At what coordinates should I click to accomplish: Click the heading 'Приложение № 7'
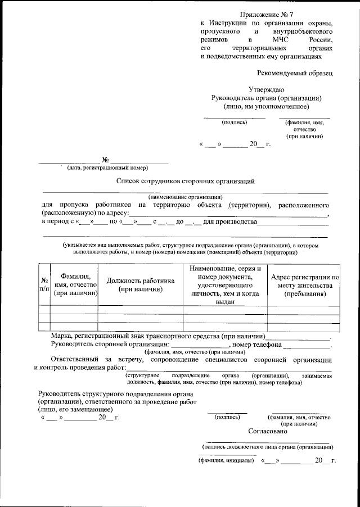tap(266, 13)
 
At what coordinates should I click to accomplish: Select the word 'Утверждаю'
tap(266, 89)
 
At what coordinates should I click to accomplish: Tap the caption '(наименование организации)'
tap(186, 197)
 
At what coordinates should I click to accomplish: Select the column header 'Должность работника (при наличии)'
tap(141, 285)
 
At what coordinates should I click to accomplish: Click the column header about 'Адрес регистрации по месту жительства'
tap(304, 285)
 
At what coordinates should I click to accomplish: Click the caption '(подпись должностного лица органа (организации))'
tap(268, 447)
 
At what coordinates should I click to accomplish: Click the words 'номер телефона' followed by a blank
tap(258, 345)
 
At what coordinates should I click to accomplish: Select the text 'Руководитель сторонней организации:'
tap(110, 345)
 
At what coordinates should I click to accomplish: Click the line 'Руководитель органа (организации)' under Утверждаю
tap(266, 97)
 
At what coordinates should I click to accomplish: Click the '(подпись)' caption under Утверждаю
tap(235, 121)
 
